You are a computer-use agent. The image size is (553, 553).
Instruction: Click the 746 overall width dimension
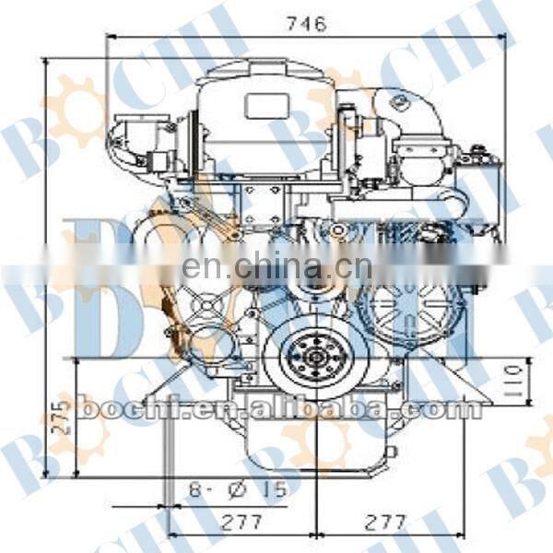click(306, 25)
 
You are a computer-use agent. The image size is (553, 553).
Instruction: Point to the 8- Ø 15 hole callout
click(238, 490)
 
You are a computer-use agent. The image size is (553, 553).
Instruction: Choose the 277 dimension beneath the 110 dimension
click(385, 523)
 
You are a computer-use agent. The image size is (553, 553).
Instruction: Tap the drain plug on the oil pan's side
click(392, 451)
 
